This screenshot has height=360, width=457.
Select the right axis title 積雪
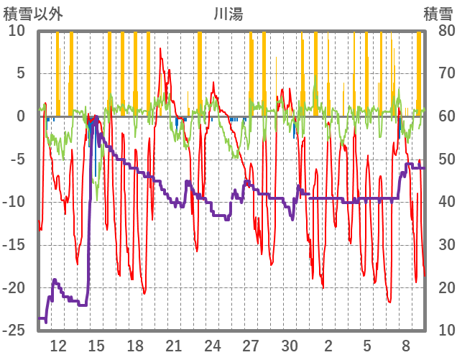coord(438,13)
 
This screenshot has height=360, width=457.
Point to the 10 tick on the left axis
coord(17,31)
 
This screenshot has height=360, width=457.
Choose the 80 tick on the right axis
coord(437,31)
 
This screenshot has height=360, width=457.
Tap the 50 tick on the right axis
coord(437,160)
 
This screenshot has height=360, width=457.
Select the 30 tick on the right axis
coord(437,245)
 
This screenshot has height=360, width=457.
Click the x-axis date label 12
coord(58,345)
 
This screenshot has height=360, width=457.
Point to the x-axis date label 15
coord(96,345)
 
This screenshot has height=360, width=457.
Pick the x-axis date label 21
coord(174,345)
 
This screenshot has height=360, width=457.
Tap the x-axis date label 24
coord(213,345)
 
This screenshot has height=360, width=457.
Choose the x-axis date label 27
coord(251,345)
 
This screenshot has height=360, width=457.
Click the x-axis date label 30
coord(290,345)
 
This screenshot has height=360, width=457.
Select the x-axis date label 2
coord(328,345)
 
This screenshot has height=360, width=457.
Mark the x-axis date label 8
coord(406,345)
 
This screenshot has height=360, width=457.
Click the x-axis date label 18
coord(135,345)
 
